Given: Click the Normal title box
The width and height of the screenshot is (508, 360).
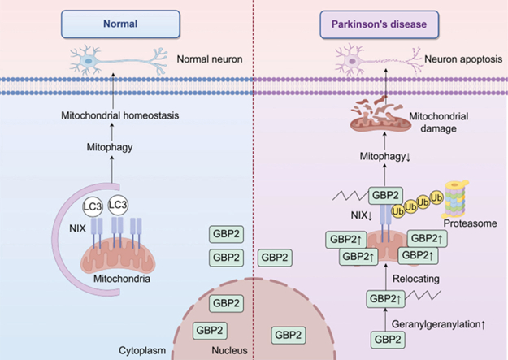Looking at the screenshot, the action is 120,24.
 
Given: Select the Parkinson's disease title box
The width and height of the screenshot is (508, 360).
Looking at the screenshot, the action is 379,24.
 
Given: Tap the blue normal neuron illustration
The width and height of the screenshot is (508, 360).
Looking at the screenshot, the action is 118,60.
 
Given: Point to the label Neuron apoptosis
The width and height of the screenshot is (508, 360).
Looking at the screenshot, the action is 463,59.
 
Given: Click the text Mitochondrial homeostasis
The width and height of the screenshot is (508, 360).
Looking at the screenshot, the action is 119,115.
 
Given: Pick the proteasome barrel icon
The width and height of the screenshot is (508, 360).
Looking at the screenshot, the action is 455,198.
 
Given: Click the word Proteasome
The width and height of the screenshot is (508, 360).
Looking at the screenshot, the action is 470,223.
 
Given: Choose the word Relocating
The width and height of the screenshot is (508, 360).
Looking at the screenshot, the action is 416,279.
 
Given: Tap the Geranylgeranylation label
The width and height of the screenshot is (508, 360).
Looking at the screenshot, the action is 438,324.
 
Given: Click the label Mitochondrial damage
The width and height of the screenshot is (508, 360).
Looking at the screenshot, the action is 439,122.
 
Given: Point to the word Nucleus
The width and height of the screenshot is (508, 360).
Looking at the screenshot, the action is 229,350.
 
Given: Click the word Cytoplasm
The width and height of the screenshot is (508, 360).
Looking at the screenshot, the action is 142,350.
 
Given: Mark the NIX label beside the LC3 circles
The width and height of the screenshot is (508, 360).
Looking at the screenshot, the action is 77,228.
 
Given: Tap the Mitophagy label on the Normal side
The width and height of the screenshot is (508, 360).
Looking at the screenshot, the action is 110,147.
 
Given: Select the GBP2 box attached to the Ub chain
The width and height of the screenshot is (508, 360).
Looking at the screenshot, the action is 385,195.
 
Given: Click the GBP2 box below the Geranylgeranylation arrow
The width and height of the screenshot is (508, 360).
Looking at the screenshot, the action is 388,339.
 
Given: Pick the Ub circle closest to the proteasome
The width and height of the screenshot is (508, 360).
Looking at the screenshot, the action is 436,197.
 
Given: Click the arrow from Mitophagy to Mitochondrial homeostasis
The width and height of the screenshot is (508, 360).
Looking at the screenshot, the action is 112,132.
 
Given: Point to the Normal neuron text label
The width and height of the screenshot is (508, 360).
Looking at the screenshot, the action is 210,59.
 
